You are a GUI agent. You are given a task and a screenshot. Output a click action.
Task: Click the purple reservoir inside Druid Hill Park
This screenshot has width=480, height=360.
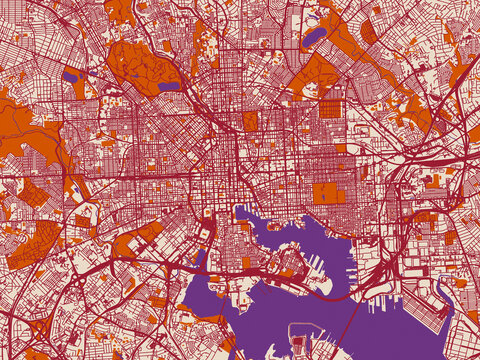click(169, 87)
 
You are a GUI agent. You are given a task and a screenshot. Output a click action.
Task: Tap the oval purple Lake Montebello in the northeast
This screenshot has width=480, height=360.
click(313, 38)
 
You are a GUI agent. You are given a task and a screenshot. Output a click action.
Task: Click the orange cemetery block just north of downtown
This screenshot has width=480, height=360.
click(250, 121)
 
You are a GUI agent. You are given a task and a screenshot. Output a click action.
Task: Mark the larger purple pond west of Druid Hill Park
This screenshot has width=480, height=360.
click(70, 75)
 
